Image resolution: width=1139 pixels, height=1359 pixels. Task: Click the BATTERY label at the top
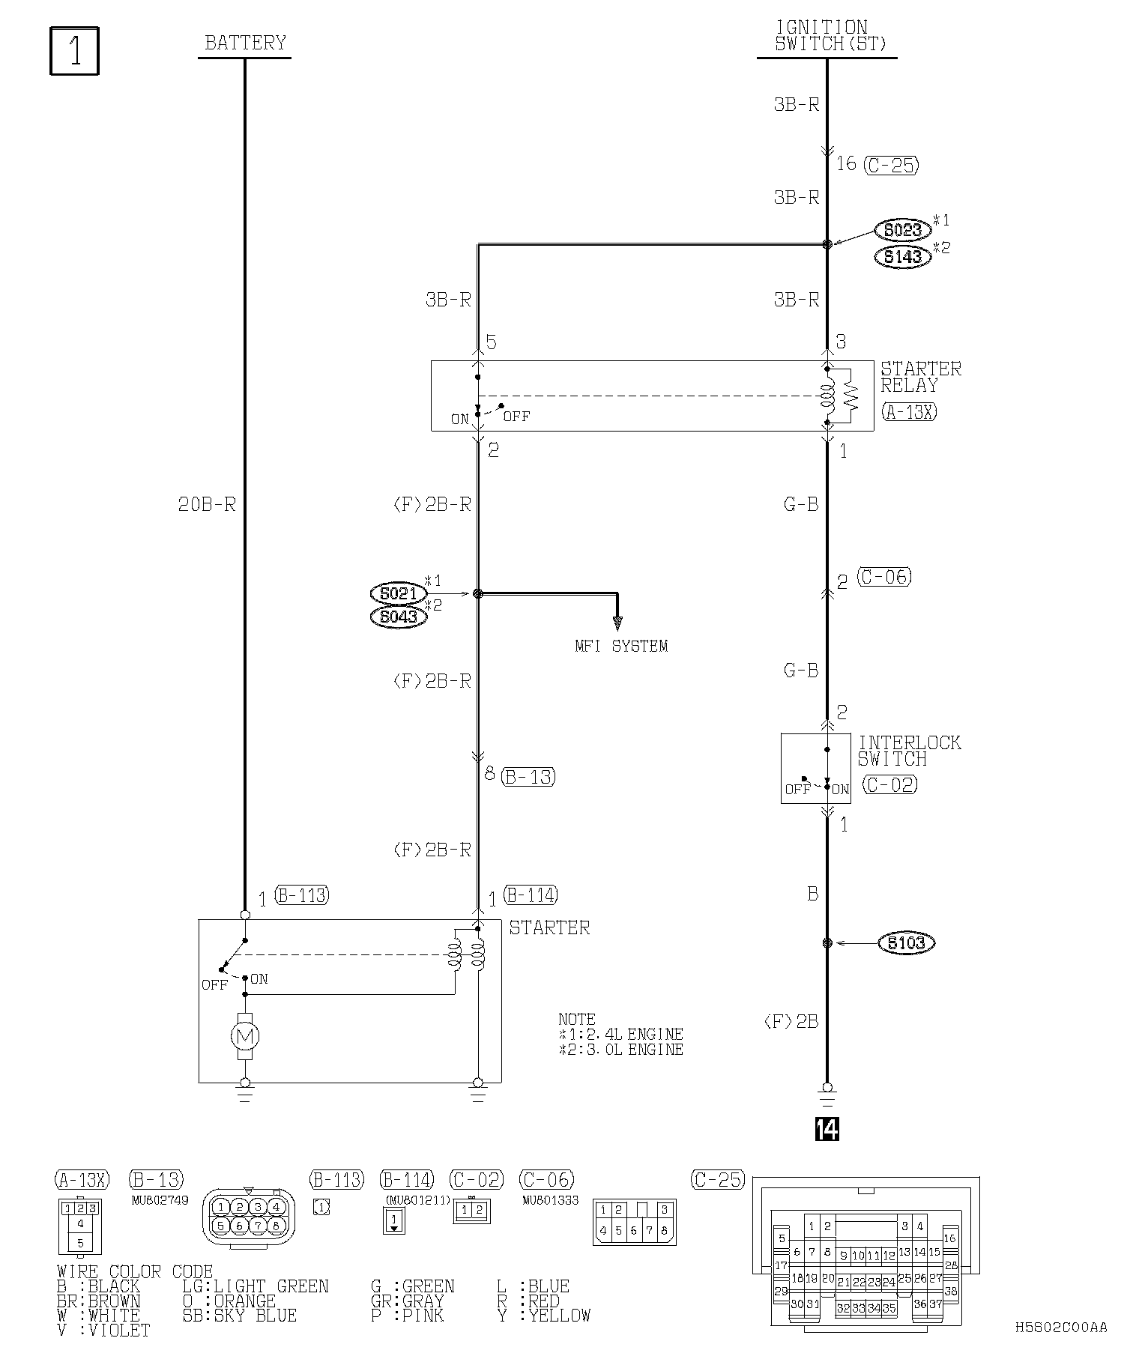pos(245,43)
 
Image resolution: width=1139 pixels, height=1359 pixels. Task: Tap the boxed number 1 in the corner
pos(74,52)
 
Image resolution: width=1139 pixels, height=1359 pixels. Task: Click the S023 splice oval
pos(902,230)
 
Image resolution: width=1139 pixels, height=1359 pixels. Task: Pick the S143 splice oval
pos(902,257)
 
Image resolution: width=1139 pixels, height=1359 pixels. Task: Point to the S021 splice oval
pos(398,593)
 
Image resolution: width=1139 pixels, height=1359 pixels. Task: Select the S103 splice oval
pos(906,942)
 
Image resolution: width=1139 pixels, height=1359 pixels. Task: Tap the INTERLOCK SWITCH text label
pos(908,751)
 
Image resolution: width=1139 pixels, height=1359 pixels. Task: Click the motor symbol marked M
pos(245,1037)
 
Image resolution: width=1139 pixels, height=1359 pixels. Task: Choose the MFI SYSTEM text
pos(620,646)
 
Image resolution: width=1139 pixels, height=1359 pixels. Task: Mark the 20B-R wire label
pos(207,505)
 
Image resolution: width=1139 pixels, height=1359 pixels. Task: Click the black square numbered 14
pos(827,1129)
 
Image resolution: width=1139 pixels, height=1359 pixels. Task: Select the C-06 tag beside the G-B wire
pos(884,577)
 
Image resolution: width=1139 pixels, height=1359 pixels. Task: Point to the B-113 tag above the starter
pos(301,895)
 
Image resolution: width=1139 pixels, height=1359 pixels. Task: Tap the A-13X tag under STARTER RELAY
pos(909,412)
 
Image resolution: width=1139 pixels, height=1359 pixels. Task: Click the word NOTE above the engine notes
pos(576,1019)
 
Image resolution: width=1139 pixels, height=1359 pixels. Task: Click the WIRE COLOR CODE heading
pos(135,1272)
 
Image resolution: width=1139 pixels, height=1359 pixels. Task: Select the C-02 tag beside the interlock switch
pos(889,784)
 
